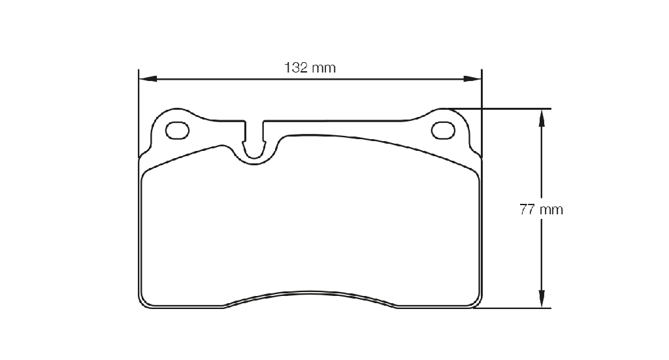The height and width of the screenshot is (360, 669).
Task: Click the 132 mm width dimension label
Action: click(310, 68)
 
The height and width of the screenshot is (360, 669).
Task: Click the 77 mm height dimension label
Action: click(541, 210)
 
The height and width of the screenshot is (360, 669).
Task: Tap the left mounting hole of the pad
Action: click(177, 131)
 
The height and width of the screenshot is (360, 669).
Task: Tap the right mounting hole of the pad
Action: click(443, 130)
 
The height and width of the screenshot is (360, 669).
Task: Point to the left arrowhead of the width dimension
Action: click(148, 79)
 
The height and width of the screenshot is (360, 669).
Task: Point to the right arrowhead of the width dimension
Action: click(472, 79)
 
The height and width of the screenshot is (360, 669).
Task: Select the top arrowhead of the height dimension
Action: click(542, 118)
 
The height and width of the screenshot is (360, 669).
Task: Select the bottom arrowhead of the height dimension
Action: click(542, 299)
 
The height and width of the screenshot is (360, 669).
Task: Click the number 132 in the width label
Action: click(296, 68)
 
